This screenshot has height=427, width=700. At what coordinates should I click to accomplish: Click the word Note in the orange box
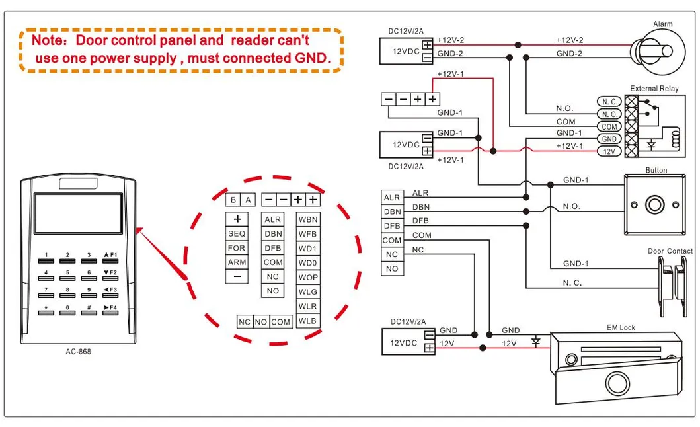[48, 40]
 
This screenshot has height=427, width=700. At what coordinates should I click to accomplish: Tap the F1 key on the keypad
[110, 260]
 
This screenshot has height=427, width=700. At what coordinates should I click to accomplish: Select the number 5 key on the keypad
[67, 277]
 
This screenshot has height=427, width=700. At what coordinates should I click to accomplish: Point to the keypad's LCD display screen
[78, 213]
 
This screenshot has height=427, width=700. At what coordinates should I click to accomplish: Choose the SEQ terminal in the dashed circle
[237, 234]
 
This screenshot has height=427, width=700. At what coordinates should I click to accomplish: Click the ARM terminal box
[237, 262]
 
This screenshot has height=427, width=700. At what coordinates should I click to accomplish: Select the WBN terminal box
[307, 219]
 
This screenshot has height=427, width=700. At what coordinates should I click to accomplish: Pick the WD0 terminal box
[307, 263]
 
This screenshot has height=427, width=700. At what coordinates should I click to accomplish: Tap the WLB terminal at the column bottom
[307, 321]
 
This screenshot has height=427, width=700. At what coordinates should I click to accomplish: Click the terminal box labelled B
[233, 200]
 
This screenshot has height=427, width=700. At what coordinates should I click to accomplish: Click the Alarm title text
[662, 24]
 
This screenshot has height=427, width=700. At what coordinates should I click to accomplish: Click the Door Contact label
[670, 251]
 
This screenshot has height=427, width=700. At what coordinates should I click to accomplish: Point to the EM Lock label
[621, 328]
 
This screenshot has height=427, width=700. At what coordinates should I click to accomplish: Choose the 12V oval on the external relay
[609, 151]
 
